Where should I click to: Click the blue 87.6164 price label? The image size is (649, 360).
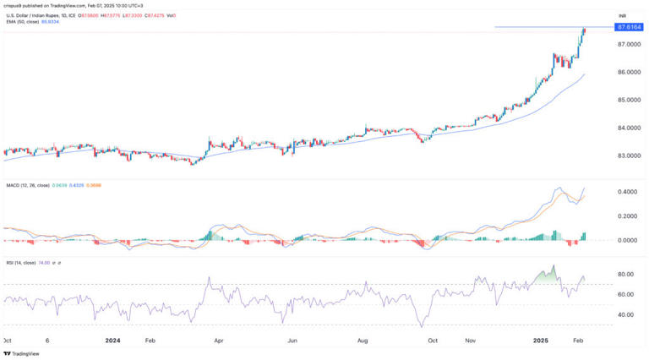[630, 27]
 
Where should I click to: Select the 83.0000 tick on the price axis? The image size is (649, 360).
[630, 155]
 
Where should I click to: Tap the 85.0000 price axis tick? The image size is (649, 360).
[630, 100]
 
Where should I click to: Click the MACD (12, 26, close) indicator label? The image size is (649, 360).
[28, 187]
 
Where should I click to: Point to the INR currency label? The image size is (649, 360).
[622, 15]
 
